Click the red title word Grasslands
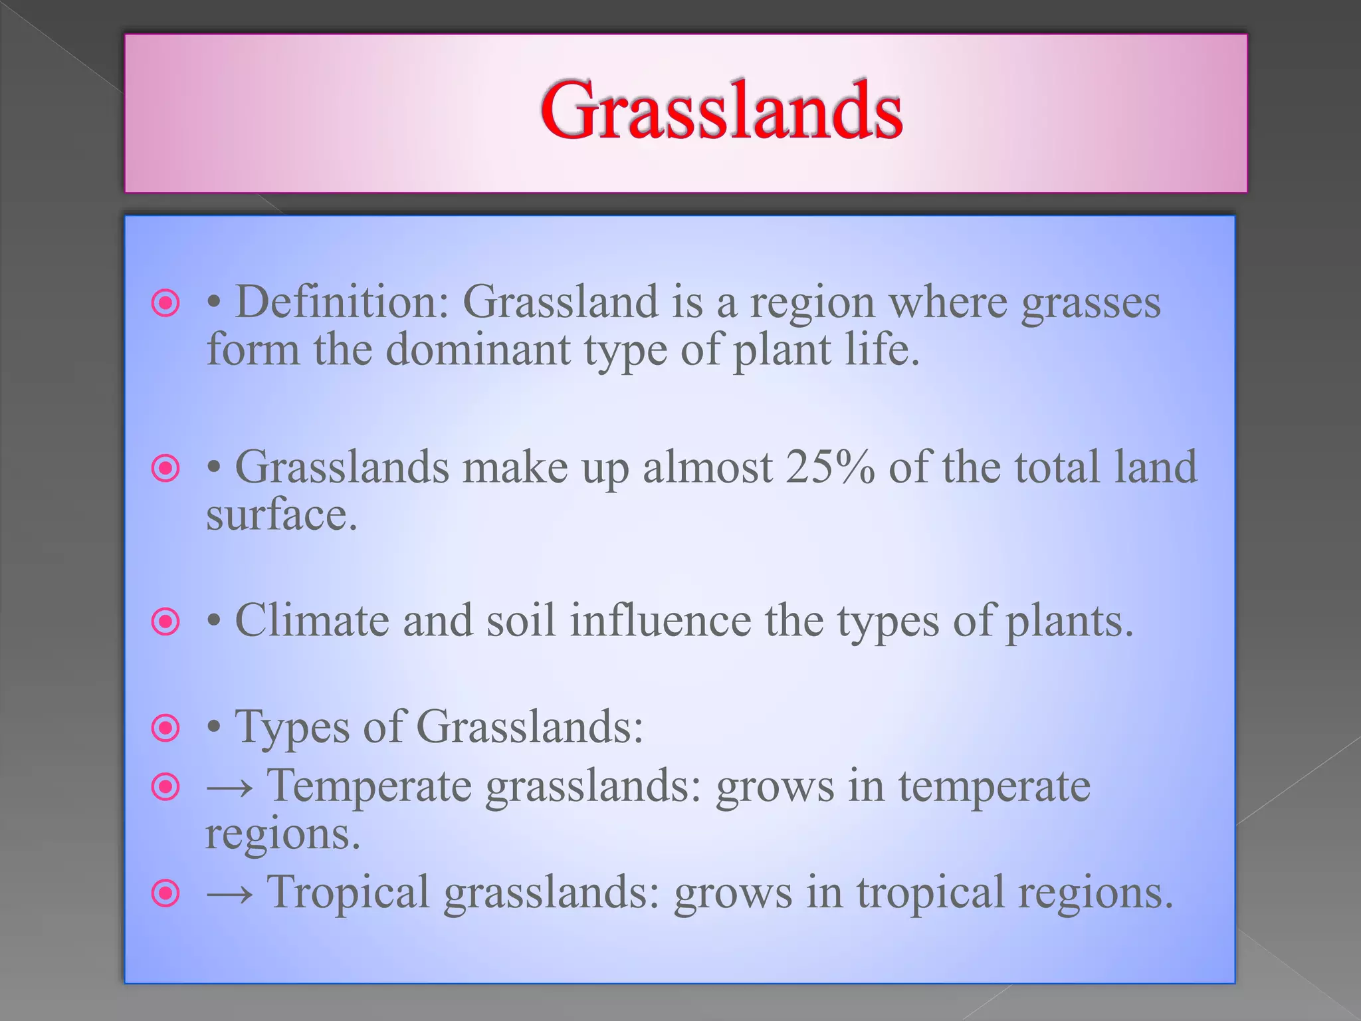pyautogui.click(x=721, y=110)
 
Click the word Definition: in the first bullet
pyautogui.click(x=342, y=302)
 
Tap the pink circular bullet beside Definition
pyautogui.click(x=165, y=304)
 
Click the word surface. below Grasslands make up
pyautogui.click(x=281, y=515)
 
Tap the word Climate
pyautogui.click(x=312, y=621)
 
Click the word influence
pyautogui.click(x=661, y=621)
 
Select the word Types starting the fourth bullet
pyautogui.click(x=292, y=727)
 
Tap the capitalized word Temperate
pyautogui.click(x=369, y=787)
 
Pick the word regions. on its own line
pyautogui.click(x=282, y=835)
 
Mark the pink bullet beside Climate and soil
pyautogui.click(x=165, y=622)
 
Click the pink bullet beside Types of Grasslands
pyautogui.click(x=165, y=728)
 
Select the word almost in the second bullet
pyautogui.click(x=707, y=467)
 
